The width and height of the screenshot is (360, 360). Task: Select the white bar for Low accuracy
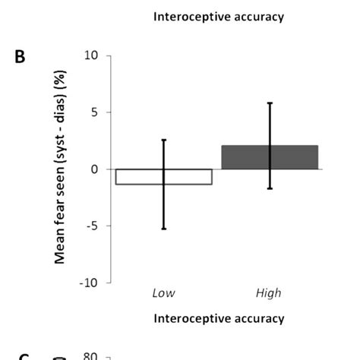(x=163, y=176)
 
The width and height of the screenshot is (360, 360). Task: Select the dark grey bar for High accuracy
(x=270, y=157)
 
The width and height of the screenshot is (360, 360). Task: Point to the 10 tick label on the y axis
(x=92, y=55)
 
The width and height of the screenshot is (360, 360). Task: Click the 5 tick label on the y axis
(x=95, y=112)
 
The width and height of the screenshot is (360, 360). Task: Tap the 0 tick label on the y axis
(x=95, y=169)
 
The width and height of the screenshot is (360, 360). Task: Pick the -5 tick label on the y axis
(x=93, y=226)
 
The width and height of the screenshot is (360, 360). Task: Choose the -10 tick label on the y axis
(x=90, y=283)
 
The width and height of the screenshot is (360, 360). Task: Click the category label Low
(x=163, y=292)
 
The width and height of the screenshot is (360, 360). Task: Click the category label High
(x=270, y=292)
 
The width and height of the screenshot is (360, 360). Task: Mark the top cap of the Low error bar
(x=163, y=140)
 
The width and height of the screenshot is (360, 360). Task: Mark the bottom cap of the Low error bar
(x=163, y=229)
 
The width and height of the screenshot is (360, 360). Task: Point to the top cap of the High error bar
(x=270, y=103)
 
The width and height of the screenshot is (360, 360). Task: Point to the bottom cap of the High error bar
(x=270, y=188)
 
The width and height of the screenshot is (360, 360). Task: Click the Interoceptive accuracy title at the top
(x=219, y=17)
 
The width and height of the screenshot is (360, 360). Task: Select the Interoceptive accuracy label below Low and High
(x=219, y=318)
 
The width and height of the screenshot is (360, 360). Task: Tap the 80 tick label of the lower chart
(x=92, y=354)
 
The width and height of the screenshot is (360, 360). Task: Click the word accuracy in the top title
(x=258, y=17)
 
